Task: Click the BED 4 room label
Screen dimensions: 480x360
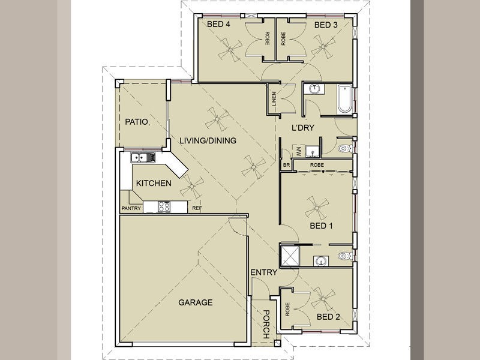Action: point(218,24)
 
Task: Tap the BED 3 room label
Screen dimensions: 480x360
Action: point(326,25)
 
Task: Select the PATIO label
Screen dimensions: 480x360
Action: point(137,122)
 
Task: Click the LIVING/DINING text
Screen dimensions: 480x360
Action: point(208,140)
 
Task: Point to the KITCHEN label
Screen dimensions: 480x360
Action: point(154,183)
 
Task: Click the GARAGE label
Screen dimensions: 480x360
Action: point(196,302)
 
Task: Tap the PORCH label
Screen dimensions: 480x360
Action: point(266,324)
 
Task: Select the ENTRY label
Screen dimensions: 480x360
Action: point(264,272)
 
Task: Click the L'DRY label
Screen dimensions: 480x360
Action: point(303,128)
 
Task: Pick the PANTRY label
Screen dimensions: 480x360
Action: point(131,208)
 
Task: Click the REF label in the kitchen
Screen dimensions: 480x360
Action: point(197,208)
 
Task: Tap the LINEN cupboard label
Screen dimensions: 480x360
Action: point(274,99)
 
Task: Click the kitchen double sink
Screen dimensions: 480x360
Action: point(143,157)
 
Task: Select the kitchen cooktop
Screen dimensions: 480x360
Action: point(164,206)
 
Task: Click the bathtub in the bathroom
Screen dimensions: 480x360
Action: point(345,99)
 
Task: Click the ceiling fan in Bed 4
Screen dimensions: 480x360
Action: point(230,50)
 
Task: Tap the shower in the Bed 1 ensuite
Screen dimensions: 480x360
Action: point(290,256)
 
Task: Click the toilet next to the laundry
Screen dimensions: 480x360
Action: point(346,149)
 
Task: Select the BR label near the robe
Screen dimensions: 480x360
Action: point(287,166)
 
